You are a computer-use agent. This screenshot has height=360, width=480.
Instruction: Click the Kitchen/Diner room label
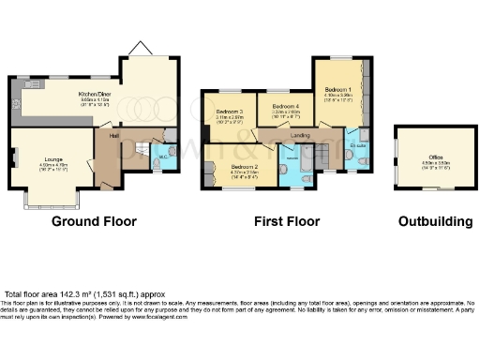click(x=96, y=94)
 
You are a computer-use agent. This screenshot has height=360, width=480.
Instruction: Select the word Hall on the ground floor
click(x=112, y=136)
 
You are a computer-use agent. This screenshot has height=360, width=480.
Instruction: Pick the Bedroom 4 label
click(x=286, y=107)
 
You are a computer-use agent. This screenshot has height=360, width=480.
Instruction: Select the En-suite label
click(x=357, y=147)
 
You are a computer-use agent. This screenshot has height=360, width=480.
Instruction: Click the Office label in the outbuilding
click(x=436, y=157)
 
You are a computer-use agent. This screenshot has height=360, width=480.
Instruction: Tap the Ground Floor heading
click(x=94, y=222)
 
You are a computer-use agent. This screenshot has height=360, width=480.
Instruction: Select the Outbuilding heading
click(x=432, y=222)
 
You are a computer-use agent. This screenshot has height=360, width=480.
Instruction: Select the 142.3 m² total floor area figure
click(x=78, y=293)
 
